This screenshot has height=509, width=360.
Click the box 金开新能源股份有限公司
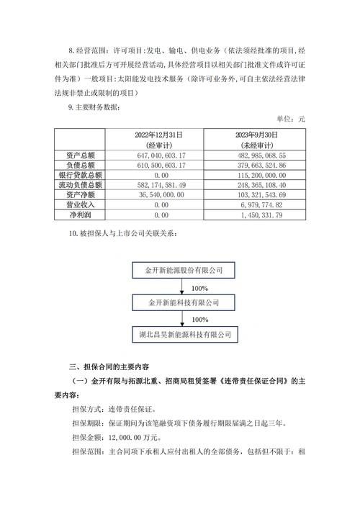click(x=184, y=270)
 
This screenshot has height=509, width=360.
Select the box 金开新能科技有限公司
click(x=184, y=302)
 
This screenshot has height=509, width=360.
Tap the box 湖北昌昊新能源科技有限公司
click(x=184, y=335)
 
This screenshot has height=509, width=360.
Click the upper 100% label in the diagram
click(x=180, y=287)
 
